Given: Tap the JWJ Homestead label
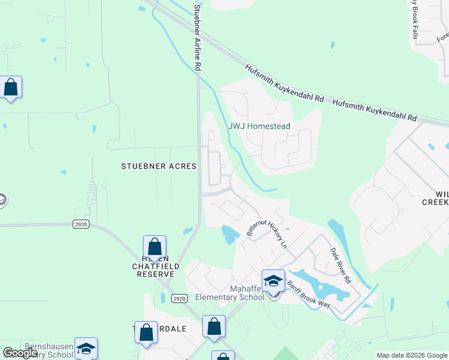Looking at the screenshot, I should tap(259, 126).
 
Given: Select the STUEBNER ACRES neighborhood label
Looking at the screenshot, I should tap(159, 166).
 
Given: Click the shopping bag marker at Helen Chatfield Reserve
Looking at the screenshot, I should tap(155, 247).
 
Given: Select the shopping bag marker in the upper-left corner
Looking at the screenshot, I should tap(11, 88).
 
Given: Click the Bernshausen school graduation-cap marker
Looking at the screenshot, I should tap(86, 349).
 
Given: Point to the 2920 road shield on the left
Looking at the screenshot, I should tap(81, 224).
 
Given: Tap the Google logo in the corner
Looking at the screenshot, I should tap(20, 353).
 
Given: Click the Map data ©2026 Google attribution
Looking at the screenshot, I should tap(412, 355).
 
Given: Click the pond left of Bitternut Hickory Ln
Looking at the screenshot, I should tap(228, 233).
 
